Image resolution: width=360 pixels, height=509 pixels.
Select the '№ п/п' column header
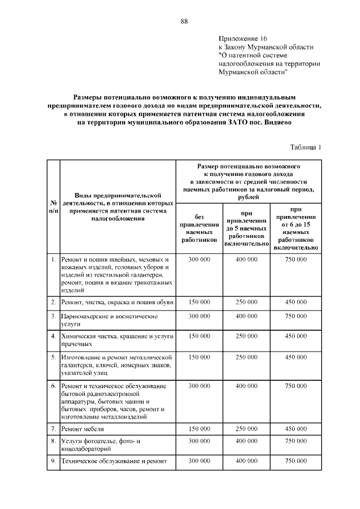pos(53,206)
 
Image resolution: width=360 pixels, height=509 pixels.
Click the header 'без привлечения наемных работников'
pos(199,228)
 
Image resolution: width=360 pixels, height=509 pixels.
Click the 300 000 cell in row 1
pos(199,259)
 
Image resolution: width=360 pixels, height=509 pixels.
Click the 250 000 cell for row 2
pos(246,302)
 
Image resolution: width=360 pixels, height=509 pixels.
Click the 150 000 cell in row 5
pos(199,357)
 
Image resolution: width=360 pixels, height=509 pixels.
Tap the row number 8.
pos(53,441)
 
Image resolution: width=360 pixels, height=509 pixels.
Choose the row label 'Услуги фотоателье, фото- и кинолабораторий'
pos(100,445)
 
